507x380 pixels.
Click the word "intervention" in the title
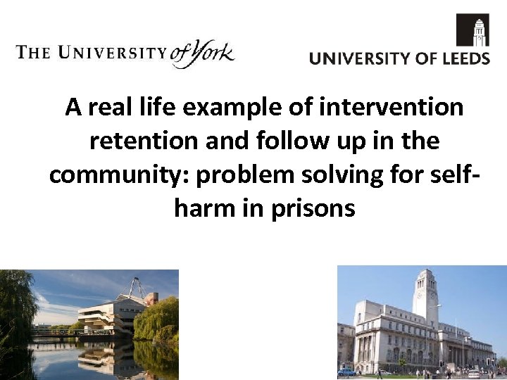tap(392, 108)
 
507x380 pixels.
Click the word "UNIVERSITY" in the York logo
tap(112, 53)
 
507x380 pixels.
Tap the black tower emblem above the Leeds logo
tap(472, 30)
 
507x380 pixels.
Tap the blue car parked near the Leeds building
tap(346, 372)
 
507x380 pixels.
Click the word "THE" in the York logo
tap(32, 53)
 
